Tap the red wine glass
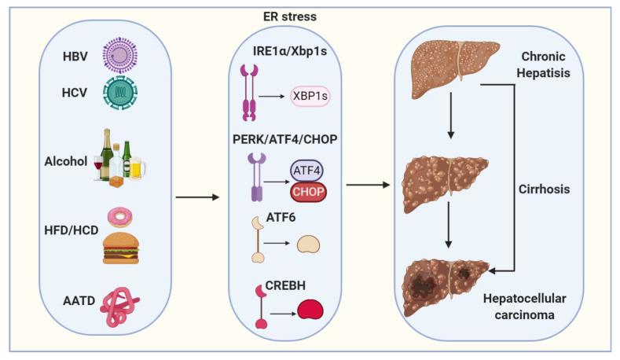pos(98,168)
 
